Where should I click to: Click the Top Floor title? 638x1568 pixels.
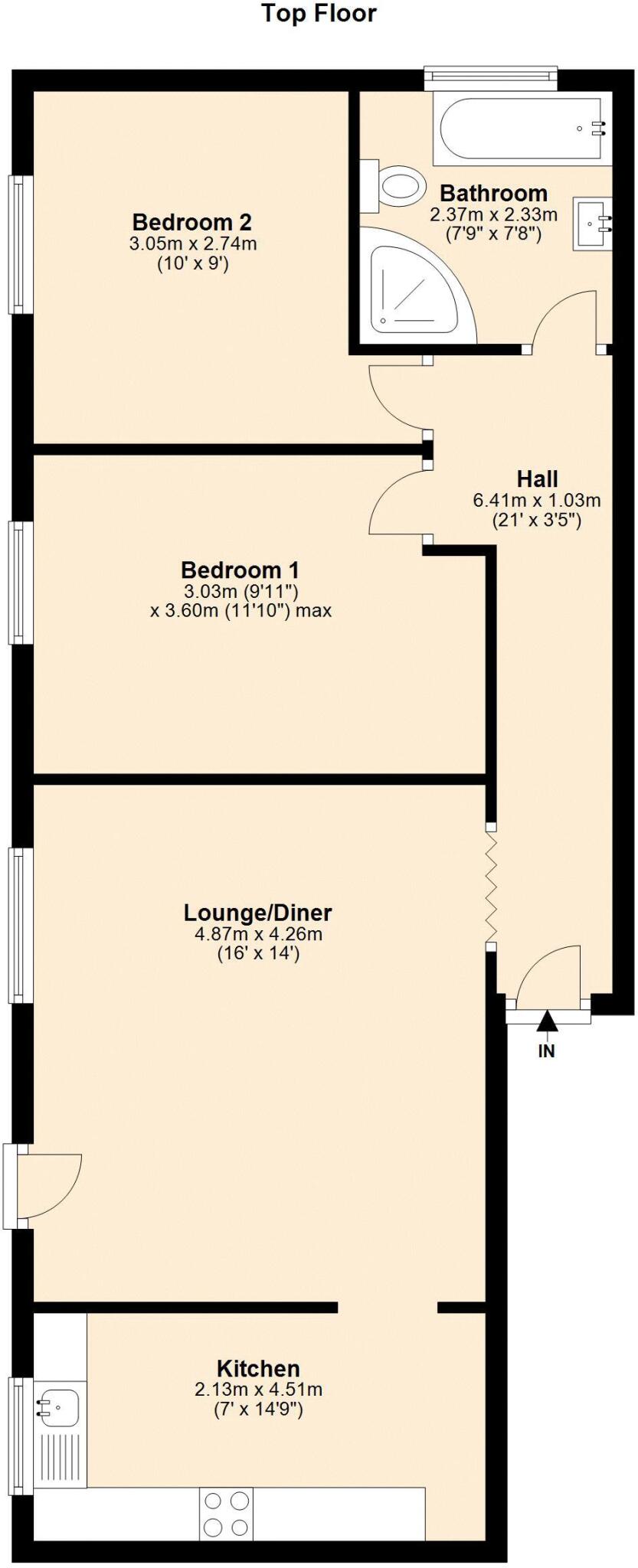click(x=319, y=14)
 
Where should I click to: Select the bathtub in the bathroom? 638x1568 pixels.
click(x=522, y=129)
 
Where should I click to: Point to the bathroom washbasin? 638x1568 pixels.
click(x=593, y=224)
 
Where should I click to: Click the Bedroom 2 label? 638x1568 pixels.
click(x=192, y=222)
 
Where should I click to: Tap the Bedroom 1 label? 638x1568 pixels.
click(x=240, y=570)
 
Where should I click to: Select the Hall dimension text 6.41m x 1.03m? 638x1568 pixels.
click(x=536, y=501)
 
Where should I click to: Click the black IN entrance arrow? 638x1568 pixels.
click(x=546, y=1021)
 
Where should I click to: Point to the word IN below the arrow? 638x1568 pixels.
click(x=546, y=1052)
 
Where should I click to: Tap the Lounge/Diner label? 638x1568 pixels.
click(x=258, y=913)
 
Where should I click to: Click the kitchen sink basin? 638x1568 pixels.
click(x=58, y=1406)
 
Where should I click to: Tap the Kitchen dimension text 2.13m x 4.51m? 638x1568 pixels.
click(x=258, y=1390)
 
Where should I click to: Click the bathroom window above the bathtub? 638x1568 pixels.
click(x=491, y=75)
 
